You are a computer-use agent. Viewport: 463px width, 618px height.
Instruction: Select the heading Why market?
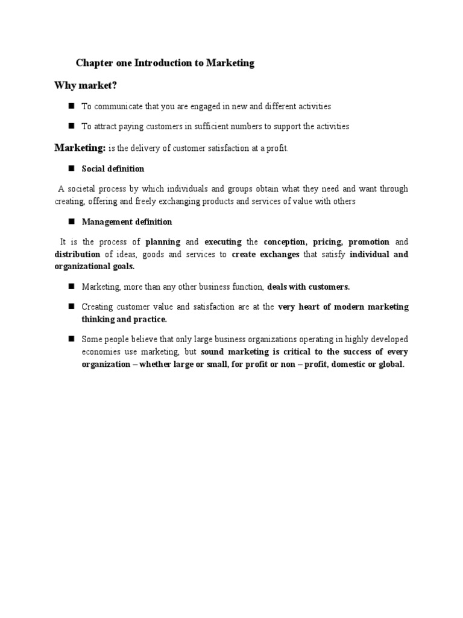tap(85, 85)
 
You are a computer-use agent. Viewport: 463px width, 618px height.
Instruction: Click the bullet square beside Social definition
tap(71, 168)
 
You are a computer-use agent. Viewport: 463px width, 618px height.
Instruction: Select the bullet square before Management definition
tap(71, 221)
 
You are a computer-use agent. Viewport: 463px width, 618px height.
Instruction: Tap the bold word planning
tap(163, 242)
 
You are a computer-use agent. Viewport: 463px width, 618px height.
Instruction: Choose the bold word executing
tap(223, 242)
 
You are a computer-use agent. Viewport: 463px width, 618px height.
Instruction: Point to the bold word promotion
tap(370, 242)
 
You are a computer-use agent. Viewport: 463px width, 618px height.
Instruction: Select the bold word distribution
tap(77, 255)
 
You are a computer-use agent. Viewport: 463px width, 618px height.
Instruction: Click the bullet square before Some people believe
tap(71, 339)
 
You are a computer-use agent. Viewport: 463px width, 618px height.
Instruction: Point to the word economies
tap(101, 352)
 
